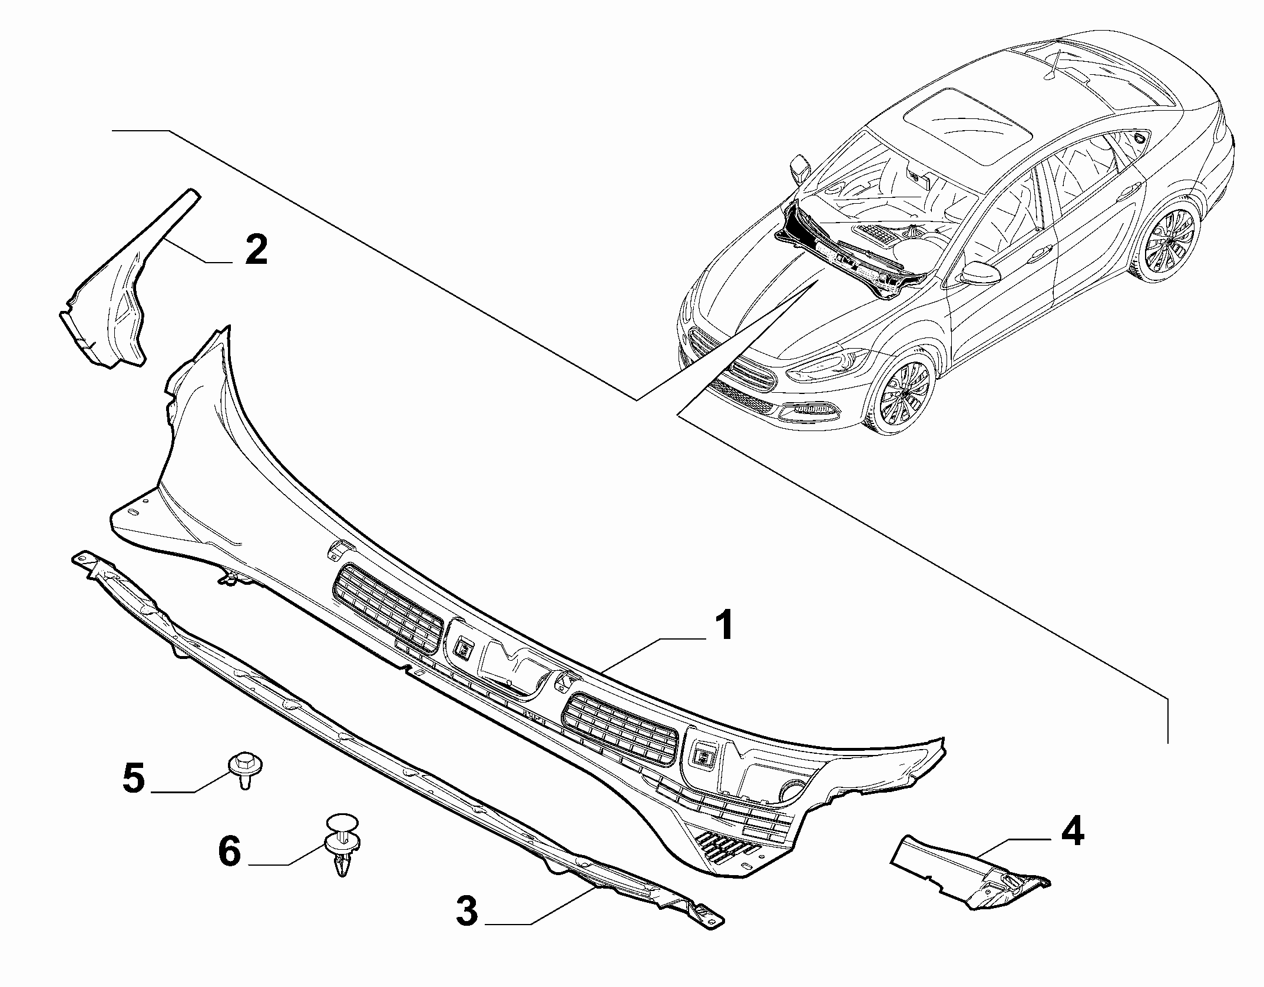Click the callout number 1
[722, 625]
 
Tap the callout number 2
[256, 250]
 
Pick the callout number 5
[134, 779]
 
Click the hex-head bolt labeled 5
[244, 769]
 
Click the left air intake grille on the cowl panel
[388, 608]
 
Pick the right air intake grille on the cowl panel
[620, 730]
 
